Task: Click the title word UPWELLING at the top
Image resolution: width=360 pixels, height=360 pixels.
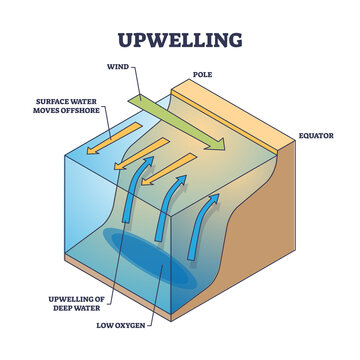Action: (x=180, y=41)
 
